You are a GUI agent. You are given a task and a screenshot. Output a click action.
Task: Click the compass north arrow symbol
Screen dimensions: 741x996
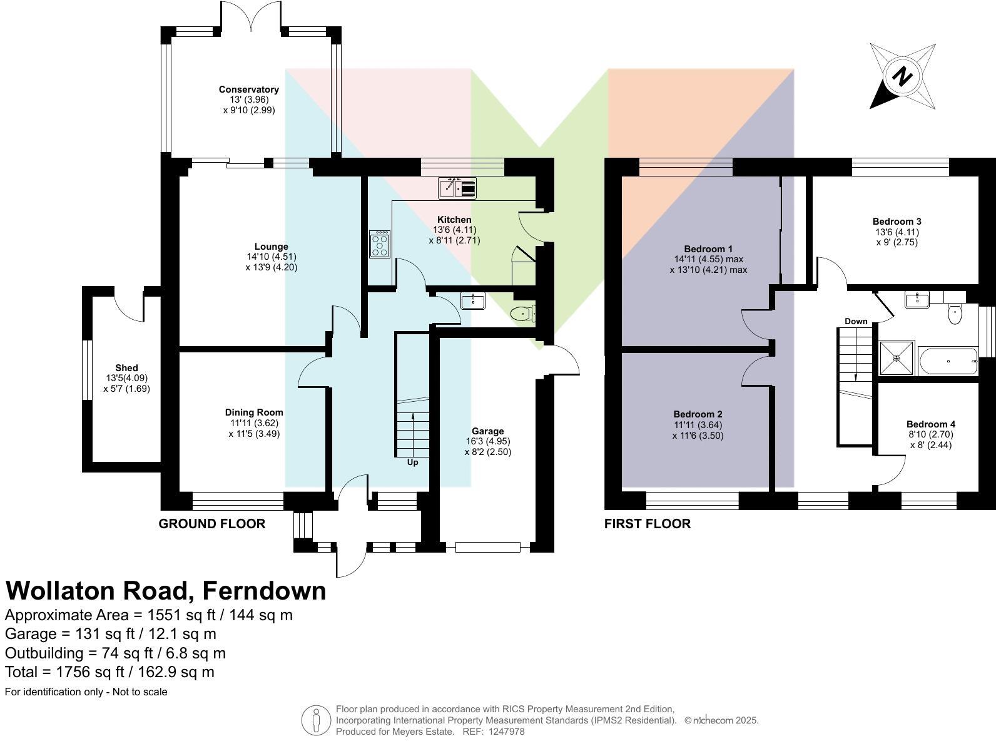pos(902,77)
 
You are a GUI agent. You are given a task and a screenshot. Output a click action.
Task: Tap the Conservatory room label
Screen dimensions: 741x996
pos(249,89)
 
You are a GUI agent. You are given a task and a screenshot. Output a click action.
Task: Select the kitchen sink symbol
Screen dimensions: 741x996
pos(458,188)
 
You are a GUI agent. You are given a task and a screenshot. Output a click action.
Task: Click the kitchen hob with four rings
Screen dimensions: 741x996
pos(380,244)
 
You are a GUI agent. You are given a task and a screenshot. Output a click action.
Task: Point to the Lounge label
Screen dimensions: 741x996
pos(271,247)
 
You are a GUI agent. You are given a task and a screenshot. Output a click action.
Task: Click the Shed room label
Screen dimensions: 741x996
pos(126,368)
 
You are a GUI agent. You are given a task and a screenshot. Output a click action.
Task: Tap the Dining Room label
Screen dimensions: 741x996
pos(254,412)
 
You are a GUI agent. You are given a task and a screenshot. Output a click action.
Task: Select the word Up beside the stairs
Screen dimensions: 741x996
pos(412,462)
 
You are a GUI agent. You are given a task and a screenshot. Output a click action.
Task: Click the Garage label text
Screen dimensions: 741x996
pos(487,431)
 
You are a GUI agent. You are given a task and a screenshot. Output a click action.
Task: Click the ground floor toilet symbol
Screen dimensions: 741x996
pos(522,314)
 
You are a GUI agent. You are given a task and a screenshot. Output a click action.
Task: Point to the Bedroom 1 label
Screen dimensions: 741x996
pos(708,248)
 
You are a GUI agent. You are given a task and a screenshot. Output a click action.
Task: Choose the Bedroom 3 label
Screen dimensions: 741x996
pos(897,222)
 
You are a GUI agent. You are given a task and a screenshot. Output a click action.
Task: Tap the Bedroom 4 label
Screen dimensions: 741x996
pos(930,424)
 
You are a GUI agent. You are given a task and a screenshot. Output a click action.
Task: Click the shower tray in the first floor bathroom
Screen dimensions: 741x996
pos(897,359)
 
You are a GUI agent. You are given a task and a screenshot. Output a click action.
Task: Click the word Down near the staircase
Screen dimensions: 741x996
pos(856,321)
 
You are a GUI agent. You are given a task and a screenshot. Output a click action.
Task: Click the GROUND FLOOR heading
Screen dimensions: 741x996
pos(212,524)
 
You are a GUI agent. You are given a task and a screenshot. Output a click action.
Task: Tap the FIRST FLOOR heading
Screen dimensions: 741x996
pos(647,524)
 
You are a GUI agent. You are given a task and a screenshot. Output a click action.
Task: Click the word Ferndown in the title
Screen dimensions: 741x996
pos(264,591)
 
